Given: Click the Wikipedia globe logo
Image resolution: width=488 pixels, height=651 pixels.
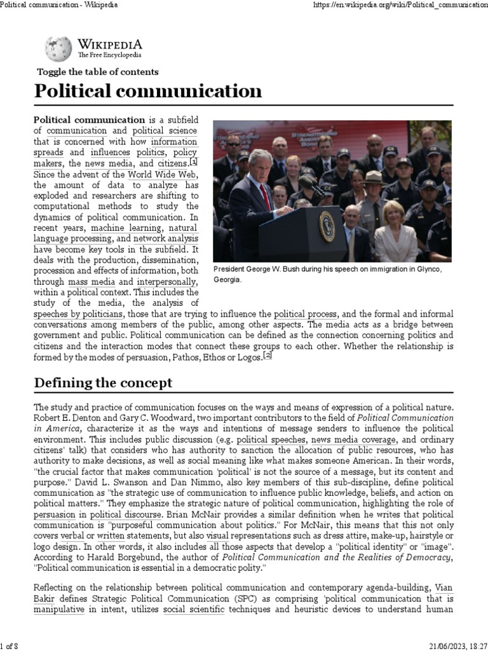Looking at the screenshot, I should [x=58, y=49].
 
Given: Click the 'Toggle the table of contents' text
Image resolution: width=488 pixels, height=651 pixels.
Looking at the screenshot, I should [x=98, y=72].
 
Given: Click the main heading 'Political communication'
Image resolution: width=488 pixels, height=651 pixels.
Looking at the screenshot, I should [x=148, y=91].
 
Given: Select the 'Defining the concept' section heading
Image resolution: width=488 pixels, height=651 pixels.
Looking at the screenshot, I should [x=103, y=383].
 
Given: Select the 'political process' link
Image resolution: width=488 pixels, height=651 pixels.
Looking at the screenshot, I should [x=305, y=314].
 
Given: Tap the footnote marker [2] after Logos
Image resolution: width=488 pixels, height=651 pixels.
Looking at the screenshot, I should [x=268, y=357].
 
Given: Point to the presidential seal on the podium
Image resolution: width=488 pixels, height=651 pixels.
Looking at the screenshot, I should [x=327, y=226].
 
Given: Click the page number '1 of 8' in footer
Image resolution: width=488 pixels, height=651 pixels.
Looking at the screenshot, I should [x=10, y=646].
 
